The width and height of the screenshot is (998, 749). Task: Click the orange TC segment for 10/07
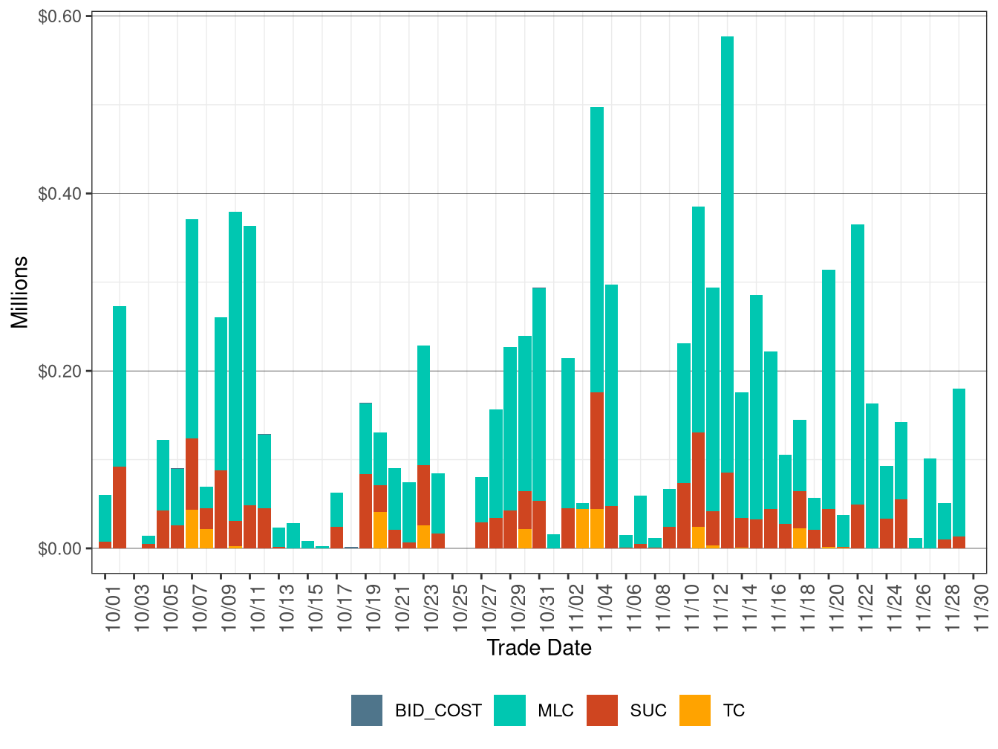(x=192, y=529)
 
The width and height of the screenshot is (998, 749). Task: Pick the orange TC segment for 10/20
(x=380, y=530)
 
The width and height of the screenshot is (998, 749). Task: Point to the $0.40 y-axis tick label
(x=59, y=194)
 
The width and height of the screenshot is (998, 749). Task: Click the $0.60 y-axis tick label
(x=59, y=16)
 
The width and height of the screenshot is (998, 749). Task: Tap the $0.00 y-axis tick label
(x=59, y=548)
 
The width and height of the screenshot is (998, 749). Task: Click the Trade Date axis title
(x=539, y=648)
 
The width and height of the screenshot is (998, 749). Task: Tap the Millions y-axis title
(x=20, y=292)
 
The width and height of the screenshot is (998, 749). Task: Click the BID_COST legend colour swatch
(x=367, y=710)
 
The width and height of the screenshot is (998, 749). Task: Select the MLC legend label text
(x=555, y=710)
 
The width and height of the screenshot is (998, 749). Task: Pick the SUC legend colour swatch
(x=602, y=710)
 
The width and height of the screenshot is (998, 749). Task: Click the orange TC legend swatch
(x=694, y=710)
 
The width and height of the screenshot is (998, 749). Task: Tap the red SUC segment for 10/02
(x=120, y=507)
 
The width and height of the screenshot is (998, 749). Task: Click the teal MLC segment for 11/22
(x=858, y=364)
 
